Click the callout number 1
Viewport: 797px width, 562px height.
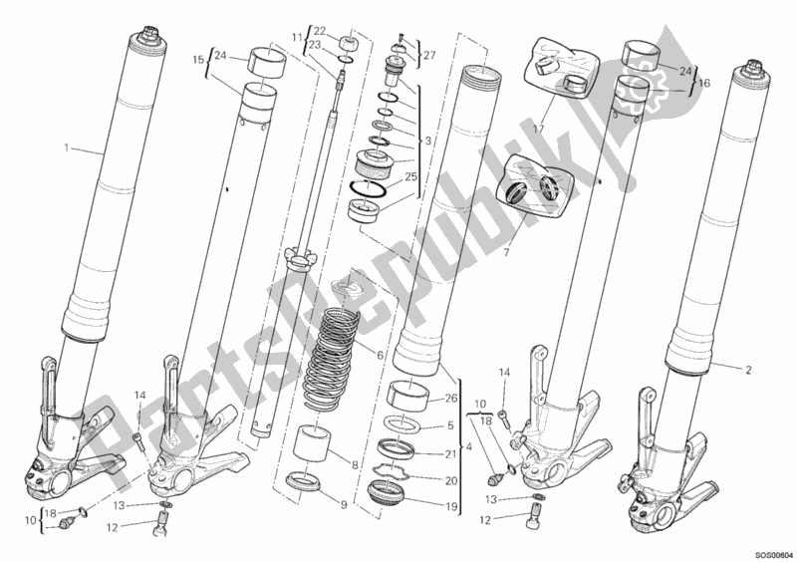[66, 148]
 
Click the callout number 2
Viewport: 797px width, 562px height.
[748, 369]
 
